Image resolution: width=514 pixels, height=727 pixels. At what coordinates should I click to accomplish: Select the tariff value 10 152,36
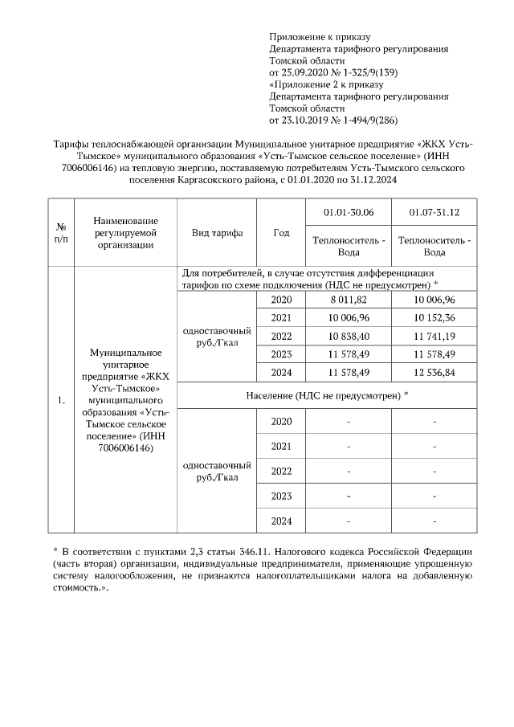coord(434,317)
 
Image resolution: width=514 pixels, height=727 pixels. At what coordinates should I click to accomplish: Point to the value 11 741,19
coord(434,336)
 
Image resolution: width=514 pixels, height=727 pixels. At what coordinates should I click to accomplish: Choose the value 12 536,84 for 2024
coord(434,372)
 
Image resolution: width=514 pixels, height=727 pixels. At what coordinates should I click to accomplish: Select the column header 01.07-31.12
coord(434,213)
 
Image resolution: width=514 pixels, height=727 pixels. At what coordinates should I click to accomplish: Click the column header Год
coord(281,233)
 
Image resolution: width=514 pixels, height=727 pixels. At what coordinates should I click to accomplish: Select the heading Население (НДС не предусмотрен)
coord(327,394)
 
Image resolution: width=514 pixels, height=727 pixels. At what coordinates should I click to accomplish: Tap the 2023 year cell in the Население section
coord(281,496)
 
